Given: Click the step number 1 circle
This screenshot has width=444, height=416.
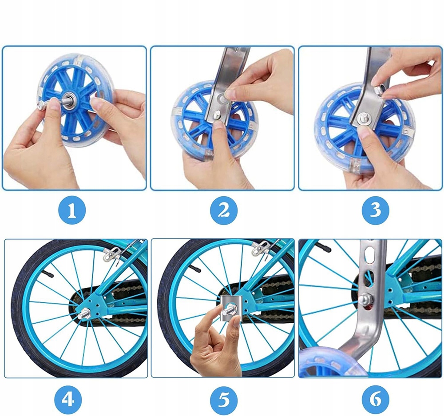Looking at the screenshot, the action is [72, 210].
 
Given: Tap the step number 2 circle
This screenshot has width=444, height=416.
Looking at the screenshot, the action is [224, 210].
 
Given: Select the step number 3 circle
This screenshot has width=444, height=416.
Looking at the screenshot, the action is [376, 210].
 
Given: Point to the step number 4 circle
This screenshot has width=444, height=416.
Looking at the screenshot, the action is [68, 400].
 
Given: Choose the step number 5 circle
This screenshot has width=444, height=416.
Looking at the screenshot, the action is [224, 400].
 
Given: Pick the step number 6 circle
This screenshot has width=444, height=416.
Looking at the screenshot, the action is [376, 400].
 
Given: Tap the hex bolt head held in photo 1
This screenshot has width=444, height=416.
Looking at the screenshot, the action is [40, 106].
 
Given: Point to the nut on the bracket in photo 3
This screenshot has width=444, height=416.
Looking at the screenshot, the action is [380, 89].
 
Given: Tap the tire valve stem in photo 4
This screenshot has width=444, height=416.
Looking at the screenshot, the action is [48, 273].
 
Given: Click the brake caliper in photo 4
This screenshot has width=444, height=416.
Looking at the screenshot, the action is [112, 253].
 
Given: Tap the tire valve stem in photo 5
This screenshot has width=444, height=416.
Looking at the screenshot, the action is [195, 268].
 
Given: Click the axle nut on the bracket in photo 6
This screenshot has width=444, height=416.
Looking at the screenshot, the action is [364, 298].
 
